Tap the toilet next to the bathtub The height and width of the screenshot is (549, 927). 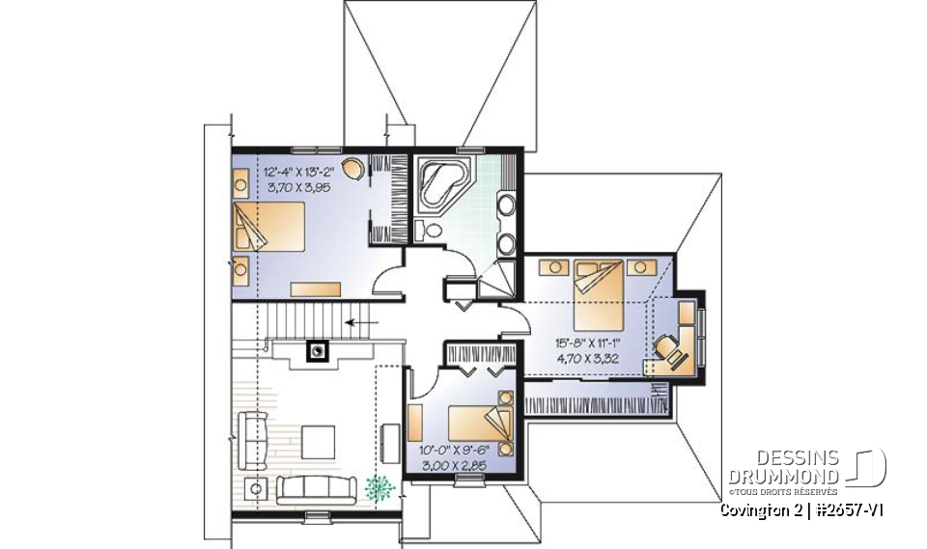(x=431, y=231)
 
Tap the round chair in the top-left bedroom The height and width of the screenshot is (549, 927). (x=355, y=169)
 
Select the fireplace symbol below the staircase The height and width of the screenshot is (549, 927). (x=315, y=350)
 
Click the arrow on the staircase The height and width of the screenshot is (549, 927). (x=362, y=322)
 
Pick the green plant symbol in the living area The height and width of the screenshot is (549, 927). (x=379, y=488)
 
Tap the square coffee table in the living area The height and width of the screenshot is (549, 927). (x=319, y=442)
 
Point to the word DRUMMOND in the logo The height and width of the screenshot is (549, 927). (x=784, y=477)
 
